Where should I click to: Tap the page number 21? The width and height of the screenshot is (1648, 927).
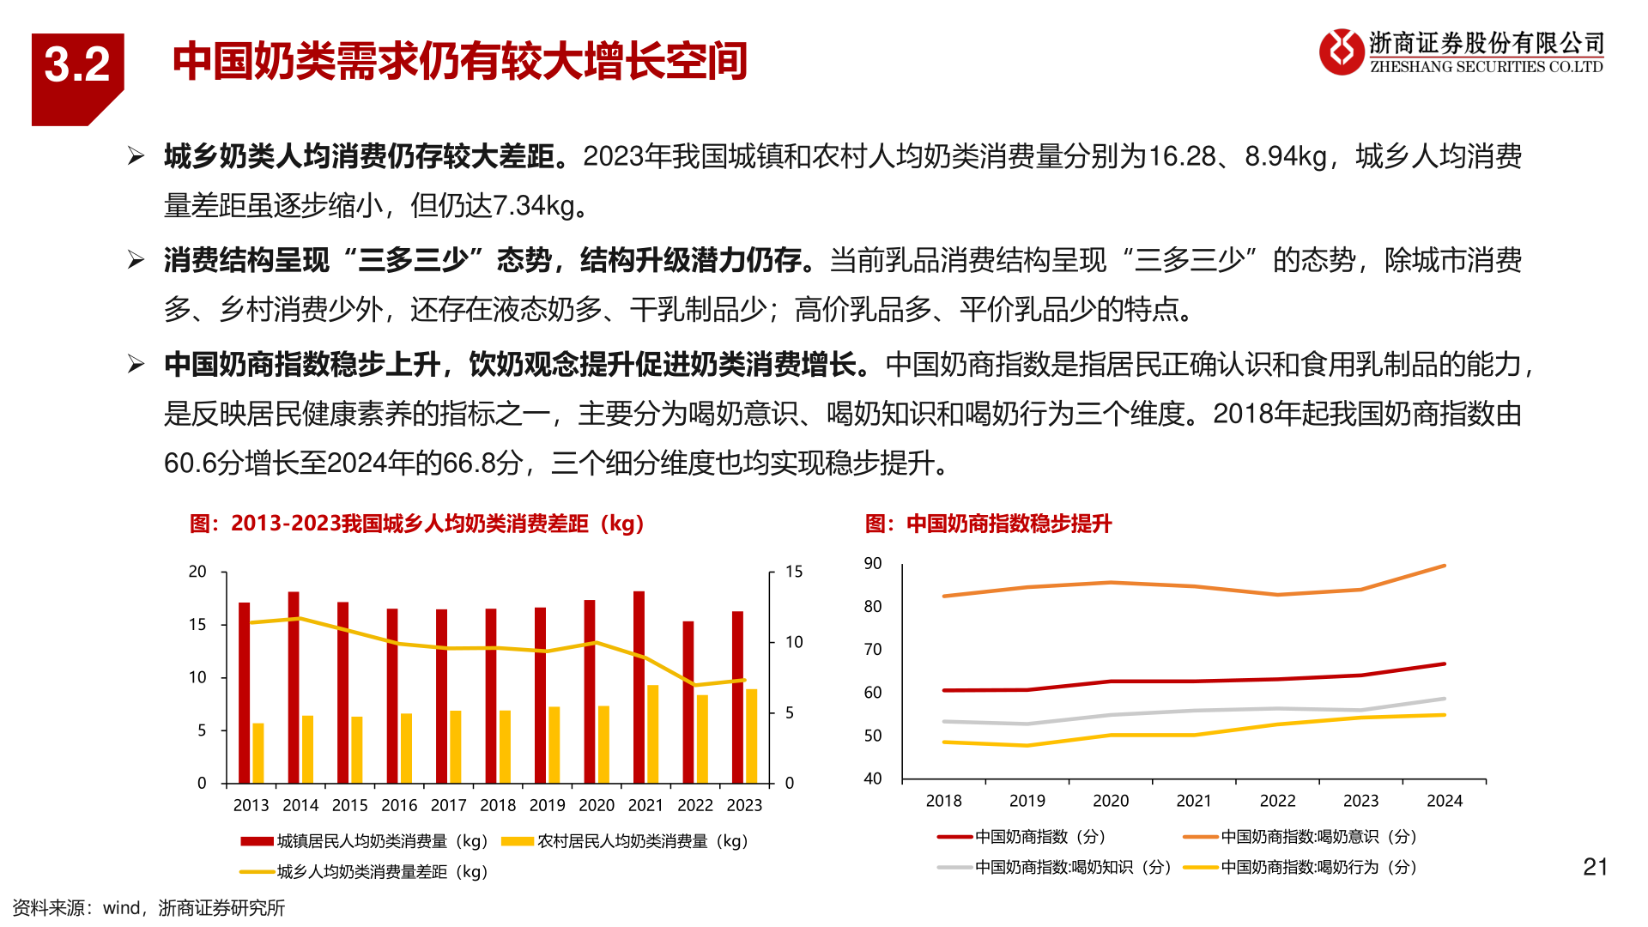(1595, 867)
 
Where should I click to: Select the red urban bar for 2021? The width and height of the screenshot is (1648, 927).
(639, 687)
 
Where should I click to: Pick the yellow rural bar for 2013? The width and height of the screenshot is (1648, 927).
(258, 753)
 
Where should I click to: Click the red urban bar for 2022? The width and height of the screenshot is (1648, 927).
(688, 702)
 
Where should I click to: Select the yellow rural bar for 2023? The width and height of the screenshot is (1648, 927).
(752, 736)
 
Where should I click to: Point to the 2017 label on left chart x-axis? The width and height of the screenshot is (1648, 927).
(448, 805)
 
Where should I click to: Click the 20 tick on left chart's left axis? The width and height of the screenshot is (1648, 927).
(197, 572)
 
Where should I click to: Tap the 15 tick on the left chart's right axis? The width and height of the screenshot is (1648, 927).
(794, 572)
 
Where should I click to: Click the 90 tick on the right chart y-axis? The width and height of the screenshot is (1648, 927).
(873, 563)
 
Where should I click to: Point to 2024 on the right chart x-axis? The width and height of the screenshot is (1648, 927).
(1444, 801)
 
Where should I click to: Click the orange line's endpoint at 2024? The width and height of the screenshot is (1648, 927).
(1445, 566)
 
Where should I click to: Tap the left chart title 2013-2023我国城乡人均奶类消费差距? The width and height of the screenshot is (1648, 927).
(417, 524)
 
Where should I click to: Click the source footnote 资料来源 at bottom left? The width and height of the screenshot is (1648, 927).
(148, 908)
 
